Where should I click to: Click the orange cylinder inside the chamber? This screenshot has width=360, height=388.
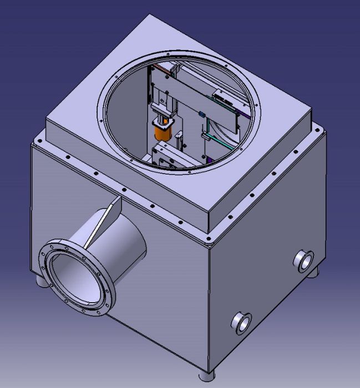pos(163,133)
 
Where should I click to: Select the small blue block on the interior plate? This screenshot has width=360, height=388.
pos(202,115)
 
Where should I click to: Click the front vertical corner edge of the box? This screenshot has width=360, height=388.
pos(207,305)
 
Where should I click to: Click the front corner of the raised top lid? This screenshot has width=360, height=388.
pos(207,232)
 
